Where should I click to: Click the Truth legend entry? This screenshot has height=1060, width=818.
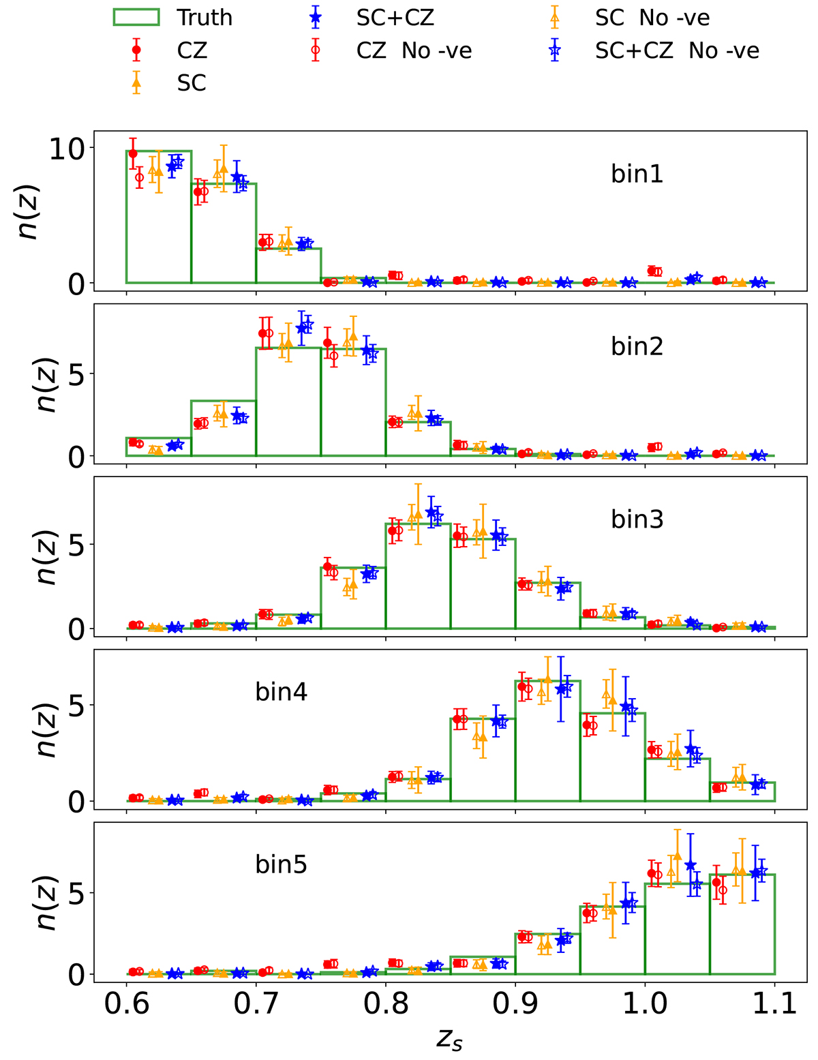click(173, 18)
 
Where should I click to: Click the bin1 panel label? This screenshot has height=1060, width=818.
click(637, 175)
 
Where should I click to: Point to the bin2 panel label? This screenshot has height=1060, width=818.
click(637, 347)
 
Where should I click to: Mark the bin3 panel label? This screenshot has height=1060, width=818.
click(637, 520)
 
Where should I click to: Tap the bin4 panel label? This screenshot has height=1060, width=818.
click(282, 693)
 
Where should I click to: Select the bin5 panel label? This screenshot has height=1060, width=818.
click(282, 865)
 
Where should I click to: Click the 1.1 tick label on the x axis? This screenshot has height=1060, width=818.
click(774, 1003)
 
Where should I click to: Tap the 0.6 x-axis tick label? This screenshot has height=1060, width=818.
click(126, 1003)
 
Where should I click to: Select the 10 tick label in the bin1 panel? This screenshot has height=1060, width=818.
click(67, 149)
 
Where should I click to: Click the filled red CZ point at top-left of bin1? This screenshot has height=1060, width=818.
click(133, 154)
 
